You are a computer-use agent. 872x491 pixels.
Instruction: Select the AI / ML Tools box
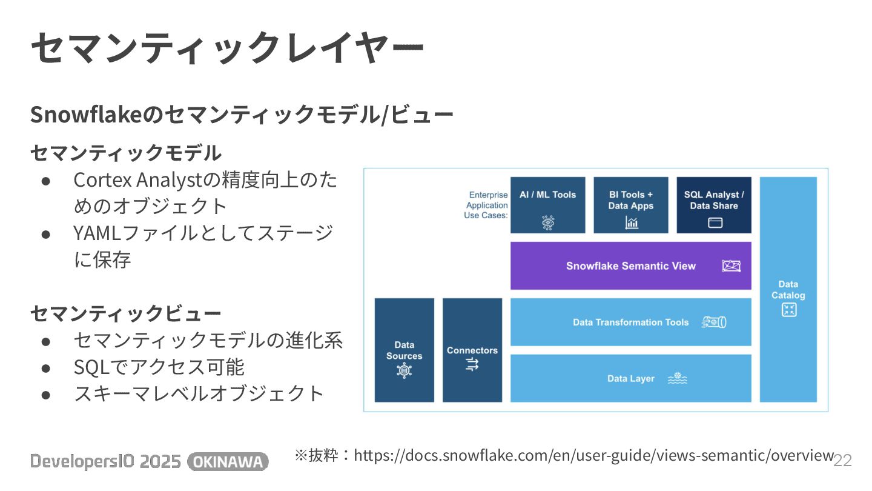click(547, 205)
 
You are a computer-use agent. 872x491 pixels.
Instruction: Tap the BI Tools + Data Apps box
click(630, 205)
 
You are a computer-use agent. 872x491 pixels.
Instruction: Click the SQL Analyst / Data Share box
click(714, 205)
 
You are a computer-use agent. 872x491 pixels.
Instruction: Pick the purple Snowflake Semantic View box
click(630, 266)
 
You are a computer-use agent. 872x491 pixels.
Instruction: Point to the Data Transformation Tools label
click(630, 322)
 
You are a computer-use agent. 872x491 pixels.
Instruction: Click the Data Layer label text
click(630, 379)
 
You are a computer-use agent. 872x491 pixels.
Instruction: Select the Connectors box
click(472, 350)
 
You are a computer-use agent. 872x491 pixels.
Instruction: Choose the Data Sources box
click(404, 350)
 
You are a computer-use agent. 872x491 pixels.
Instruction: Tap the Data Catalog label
click(788, 290)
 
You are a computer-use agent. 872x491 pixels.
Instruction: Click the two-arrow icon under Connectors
click(472, 364)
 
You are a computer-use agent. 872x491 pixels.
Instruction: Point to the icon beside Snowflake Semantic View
click(732, 266)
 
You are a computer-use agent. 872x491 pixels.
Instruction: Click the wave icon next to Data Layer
click(677, 379)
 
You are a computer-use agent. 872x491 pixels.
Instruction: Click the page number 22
click(843, 461)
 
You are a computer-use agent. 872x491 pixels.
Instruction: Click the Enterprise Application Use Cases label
click(486, 205)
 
